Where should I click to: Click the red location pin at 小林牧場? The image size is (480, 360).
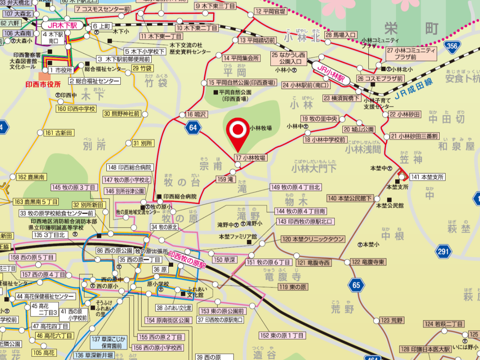238,130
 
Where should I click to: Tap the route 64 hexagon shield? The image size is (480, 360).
194,128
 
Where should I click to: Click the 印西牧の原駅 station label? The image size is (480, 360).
187,260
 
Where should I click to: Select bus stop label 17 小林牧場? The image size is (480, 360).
251,158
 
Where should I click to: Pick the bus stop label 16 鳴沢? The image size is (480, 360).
196,114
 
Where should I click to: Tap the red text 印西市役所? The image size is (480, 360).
43,84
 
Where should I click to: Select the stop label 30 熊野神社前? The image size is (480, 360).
122,114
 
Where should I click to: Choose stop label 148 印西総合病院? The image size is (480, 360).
130,167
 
